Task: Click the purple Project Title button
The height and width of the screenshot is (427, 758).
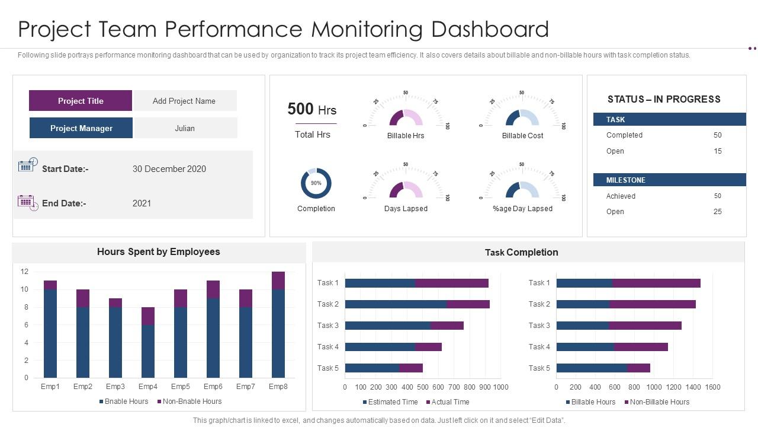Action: pyautogui.click(x=81, y=101)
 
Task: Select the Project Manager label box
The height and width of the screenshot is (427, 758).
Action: pyautogui.click(x=81, y=128)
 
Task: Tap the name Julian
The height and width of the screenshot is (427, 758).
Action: pyautogui.click(x=185, y=128)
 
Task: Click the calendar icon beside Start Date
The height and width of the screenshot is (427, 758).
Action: pyautogui.click(x=27, y=165)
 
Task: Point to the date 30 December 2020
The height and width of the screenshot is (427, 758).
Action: pyautogui.click(x=169, y=169)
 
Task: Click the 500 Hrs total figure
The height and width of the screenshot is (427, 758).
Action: pyautogui.click(x=311, y=109)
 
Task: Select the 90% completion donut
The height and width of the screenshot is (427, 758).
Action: pyautogui.click(x=316, y=183)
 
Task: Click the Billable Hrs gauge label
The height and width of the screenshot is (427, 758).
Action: pyautogui.click(x=406, y=136)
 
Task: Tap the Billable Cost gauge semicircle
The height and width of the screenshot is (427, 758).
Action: pyautogui.click(x=522, y=118)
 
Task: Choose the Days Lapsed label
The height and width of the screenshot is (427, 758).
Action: pyautogui.click(x=406, y=209)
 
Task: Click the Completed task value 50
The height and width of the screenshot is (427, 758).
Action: pyautogui.click(x=717, y=135)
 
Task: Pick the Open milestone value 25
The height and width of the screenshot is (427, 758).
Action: pyautogui.click(x=717, y=212)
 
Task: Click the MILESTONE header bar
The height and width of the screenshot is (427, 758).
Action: pyautogui.click(x=669, y=180)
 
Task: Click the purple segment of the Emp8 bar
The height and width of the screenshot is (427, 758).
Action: pyautogui.click(x=278, y=281)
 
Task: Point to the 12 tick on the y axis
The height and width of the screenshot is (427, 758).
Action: pyautogui.click(x=24, y=272)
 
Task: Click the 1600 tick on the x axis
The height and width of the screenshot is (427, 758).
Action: pyautogui.click(x=712, y=387)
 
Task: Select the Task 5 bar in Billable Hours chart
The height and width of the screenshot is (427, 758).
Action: pyautogui.click(x=603, y=368)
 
